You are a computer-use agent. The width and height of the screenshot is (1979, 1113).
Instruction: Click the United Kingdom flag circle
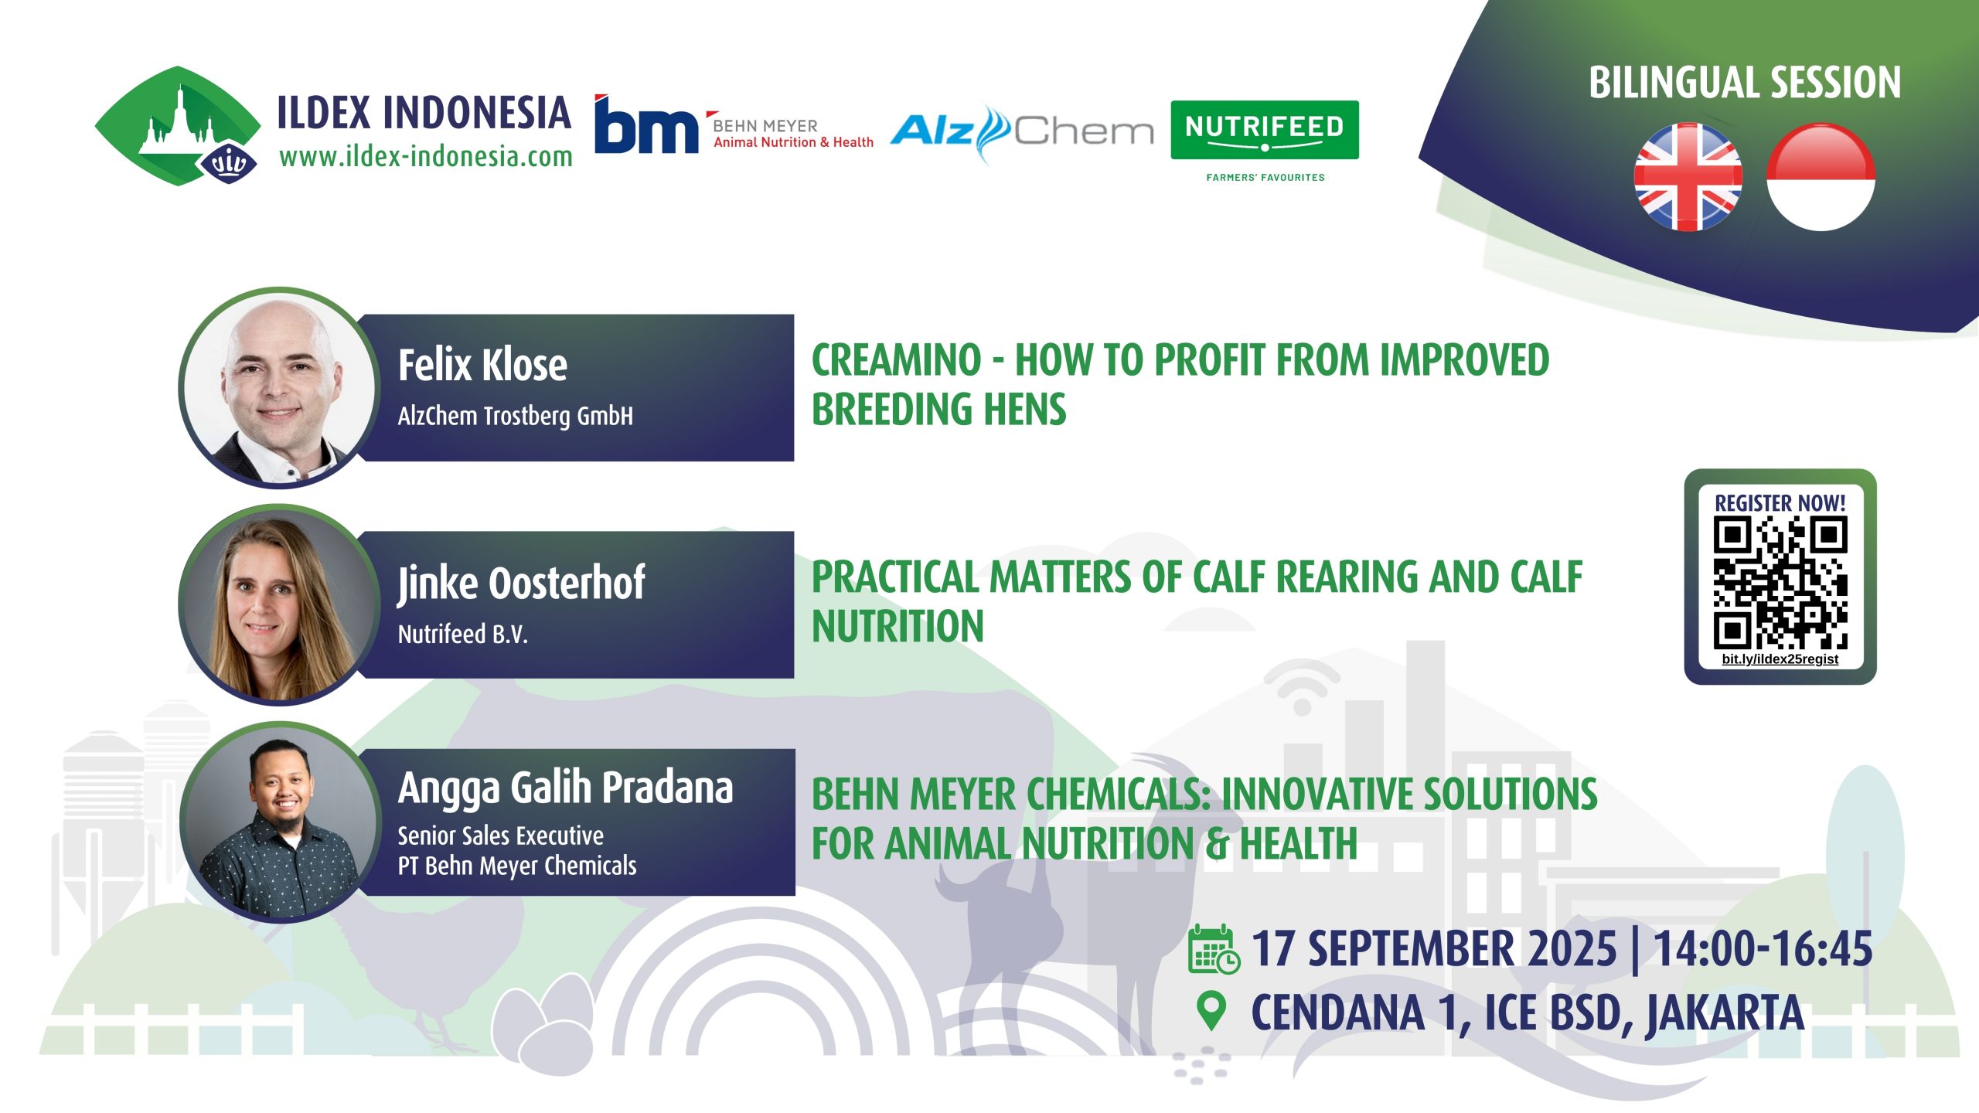pos(1688,177)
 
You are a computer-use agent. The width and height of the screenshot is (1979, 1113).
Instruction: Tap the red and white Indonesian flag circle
pos(1821,177)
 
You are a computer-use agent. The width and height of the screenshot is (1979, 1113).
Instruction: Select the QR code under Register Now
pos(1780,584)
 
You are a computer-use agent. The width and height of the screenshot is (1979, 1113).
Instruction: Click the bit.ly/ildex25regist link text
pos(1780,659)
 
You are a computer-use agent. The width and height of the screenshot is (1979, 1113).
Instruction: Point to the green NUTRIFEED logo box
pos(1265,130)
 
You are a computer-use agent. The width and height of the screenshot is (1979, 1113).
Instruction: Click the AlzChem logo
pos(1022,132)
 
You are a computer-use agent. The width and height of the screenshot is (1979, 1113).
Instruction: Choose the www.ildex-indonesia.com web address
pos(426,157)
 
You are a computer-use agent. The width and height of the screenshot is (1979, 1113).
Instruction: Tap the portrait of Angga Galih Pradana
pos(280,822)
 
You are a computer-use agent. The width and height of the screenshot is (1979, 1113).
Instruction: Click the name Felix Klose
pos(482,365)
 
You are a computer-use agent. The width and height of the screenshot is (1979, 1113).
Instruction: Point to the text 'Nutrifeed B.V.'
pos(462,635)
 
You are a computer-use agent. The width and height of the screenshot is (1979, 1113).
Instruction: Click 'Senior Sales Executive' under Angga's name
pos(500,836)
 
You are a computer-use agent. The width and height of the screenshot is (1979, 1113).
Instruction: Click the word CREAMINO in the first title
pos(897,360)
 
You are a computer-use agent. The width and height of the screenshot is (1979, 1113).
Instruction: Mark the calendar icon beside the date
pos(1214,948)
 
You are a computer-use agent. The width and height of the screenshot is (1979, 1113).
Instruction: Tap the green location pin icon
pos(1211,1011)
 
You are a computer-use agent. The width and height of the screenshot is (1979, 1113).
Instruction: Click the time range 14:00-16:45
pos(1763,948)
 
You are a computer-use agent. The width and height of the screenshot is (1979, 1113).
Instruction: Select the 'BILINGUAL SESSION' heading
pos(1745,83)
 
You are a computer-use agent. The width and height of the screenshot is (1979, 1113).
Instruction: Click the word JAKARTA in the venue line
pos(1725,1013)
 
